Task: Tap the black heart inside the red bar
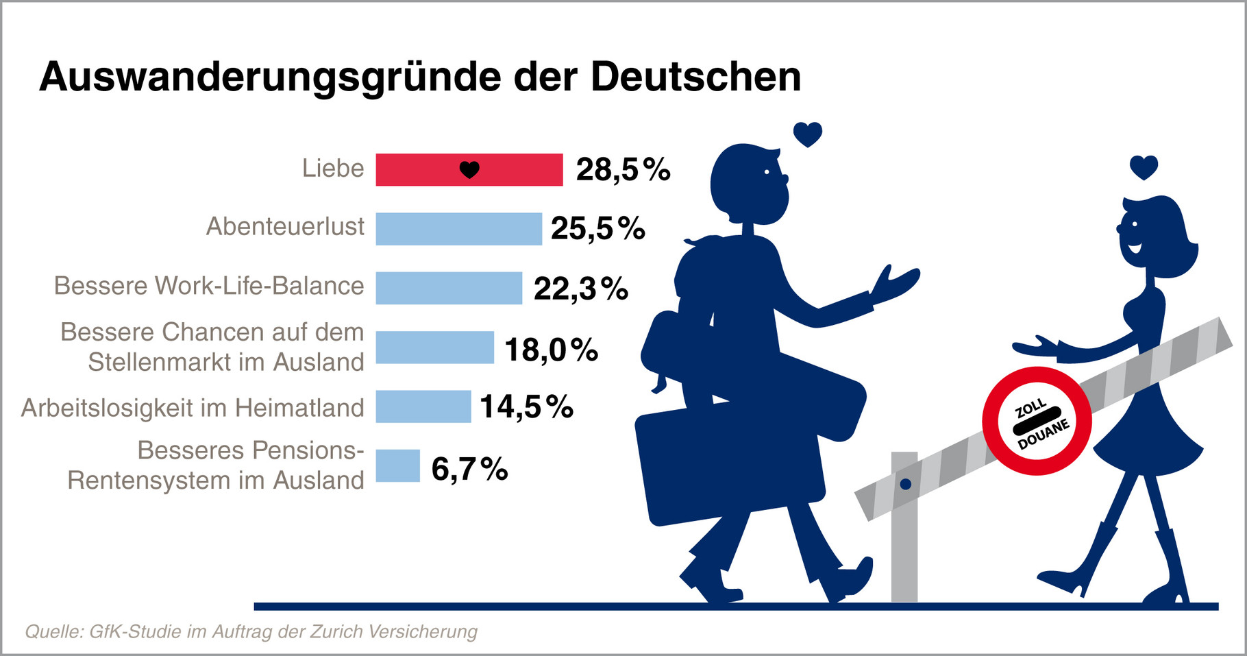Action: [469, 169]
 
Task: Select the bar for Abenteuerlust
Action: [458, 229]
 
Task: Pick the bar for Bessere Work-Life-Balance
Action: [449, 288]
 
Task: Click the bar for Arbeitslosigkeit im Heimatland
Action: [423, 406]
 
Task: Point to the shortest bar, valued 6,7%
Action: [397, 465]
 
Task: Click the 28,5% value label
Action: [623, 170]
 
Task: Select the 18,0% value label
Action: [551, 350]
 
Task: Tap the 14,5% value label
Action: [526, 406]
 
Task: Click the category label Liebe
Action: [333, 169]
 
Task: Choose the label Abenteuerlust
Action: [285, 227]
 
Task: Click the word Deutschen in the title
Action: [695, 77]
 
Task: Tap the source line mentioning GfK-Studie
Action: [251, 631]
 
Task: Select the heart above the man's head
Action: [807, 134]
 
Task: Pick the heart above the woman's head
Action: [1144, 167]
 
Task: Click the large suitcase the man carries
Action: [730, 466]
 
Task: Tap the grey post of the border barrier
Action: [904, 542]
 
